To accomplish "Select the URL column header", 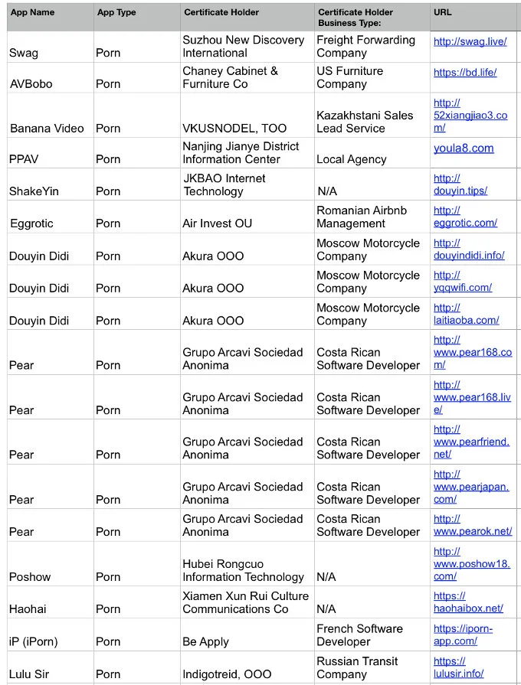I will click(x=443, y=12).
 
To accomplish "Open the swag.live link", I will click(x=470, y=41).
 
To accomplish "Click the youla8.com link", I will click(x=464, y=148).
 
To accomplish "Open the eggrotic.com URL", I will click(x=465, y=217).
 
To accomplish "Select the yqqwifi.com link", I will click(x=462, y=281).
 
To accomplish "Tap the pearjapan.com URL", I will click(x=470, y=487).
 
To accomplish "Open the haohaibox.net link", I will click(x=468, y=602).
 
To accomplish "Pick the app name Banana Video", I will click(x=47, y=128).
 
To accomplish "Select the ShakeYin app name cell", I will click(x=35, y=191).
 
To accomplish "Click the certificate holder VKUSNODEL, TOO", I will click(x=234, y=128).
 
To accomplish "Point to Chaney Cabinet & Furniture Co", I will click(x=230, y=77).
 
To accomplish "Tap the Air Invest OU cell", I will click(x=217, y=223).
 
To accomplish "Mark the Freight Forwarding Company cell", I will click(x=365, y=46).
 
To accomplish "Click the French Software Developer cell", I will click(x=359, y=634).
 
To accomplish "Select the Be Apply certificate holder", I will click(x=205, y=641).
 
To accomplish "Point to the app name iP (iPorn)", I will click(x=33, y=641).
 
